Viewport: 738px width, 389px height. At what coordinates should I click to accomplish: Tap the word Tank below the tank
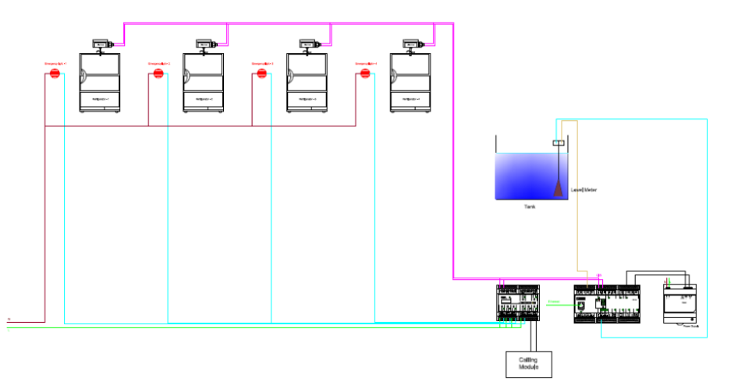(530, 207)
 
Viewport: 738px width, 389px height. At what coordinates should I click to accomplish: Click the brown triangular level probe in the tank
(559, 188)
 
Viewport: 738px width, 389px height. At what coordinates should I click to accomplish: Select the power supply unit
(678, 304)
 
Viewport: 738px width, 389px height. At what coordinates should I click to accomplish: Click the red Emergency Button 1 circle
(55, 74)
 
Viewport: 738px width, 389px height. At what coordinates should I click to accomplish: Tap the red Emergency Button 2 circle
(158, 74)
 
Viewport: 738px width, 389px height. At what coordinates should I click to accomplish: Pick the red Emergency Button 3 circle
(262, 74)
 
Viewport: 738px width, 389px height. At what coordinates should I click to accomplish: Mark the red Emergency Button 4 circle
(364, 74)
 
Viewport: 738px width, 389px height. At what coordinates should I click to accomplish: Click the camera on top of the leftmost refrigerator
(101, 45)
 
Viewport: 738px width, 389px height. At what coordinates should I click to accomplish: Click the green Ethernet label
(554, 302)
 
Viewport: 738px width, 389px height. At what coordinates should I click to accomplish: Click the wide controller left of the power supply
(607, 304)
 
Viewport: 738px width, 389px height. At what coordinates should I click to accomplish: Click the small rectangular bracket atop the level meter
(559, 143)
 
